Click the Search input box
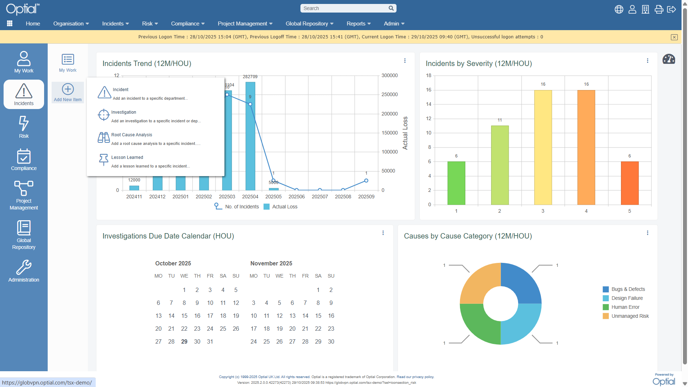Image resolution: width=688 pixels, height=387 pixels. [344, 8]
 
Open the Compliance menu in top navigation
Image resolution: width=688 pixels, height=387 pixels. [188, 24]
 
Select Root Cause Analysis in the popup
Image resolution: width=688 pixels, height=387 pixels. [132, 135]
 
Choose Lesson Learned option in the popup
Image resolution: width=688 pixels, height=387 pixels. [127, 157]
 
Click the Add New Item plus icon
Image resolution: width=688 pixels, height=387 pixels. [68, 89]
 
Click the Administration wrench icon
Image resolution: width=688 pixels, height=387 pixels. [24, 267]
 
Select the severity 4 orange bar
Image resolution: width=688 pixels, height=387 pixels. [586, 147]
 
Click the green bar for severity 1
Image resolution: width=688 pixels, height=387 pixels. [456, 183]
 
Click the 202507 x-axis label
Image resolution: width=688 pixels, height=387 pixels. [320, 197]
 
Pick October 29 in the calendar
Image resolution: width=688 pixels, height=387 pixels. [184, 341]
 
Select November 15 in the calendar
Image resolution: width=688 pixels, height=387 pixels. [318, 316]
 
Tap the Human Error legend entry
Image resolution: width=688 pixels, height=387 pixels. [625, 307]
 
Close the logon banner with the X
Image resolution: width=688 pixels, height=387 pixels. [674, 37]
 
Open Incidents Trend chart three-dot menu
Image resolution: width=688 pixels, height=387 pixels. [405, 61]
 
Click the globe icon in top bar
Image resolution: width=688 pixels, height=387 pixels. [619, 9]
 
